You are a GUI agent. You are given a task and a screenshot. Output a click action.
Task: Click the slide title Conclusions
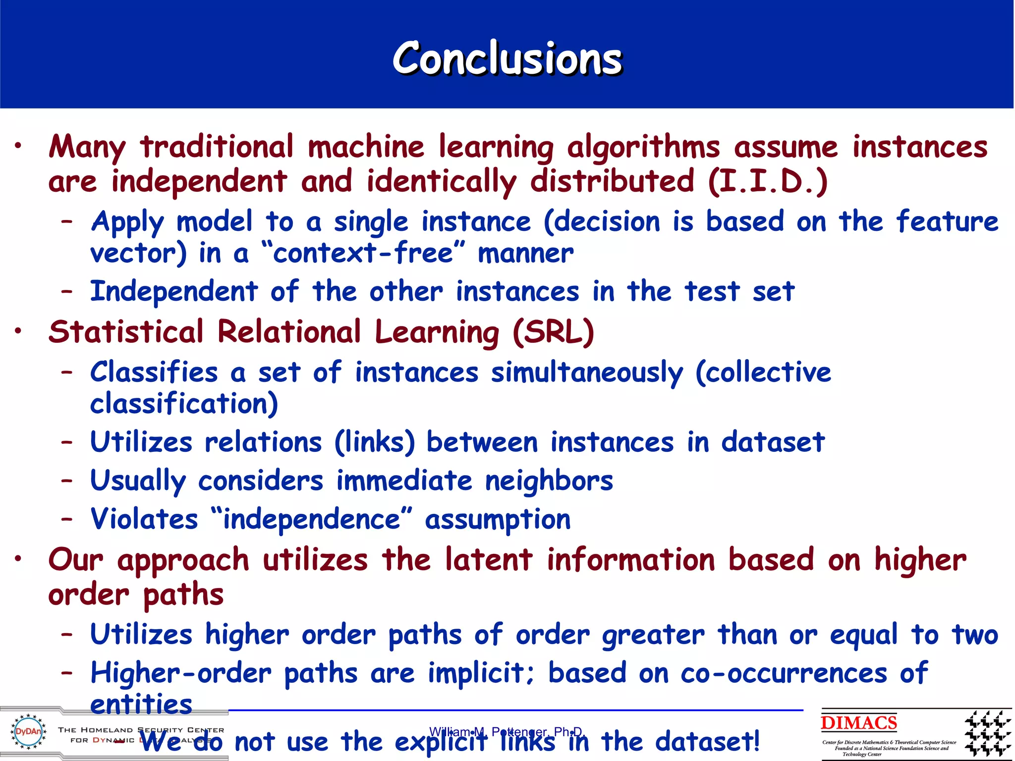507,58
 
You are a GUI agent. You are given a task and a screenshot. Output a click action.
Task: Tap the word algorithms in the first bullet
643,148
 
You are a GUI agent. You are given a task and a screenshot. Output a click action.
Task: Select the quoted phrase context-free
363,253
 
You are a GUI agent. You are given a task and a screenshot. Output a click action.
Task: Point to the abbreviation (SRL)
553,331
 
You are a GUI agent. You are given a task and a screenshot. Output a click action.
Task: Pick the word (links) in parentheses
375,442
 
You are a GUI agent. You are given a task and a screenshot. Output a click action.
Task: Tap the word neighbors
549,481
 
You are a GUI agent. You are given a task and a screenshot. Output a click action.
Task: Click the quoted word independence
311,519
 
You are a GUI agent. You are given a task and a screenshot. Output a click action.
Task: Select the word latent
489,560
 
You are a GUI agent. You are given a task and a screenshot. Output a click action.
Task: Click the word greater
653,635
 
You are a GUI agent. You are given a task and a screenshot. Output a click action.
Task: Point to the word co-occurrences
784,674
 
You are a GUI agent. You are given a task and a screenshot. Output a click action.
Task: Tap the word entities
141,704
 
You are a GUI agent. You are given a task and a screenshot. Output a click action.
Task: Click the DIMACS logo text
859,723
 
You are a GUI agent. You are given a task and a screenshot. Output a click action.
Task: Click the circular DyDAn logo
29,731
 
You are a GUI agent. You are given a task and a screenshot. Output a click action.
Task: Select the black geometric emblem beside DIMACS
987,733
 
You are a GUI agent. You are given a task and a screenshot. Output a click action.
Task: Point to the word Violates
144,519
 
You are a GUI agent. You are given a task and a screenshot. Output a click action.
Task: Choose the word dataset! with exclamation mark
707,742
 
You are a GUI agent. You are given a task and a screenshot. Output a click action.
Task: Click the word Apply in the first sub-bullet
127,222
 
